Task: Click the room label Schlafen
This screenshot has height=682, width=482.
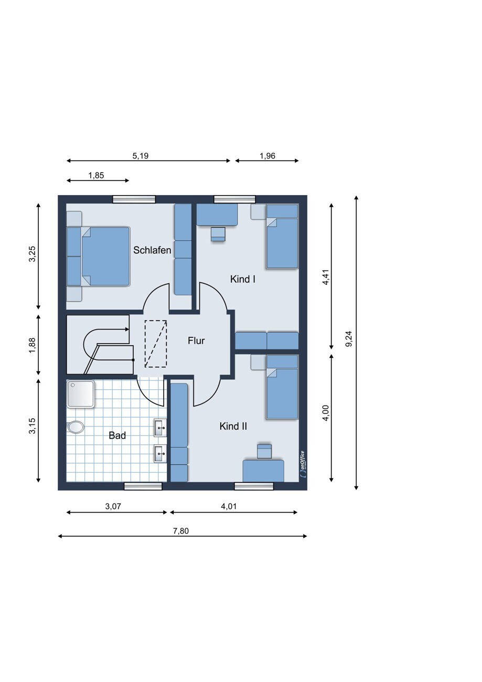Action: pos(152,250)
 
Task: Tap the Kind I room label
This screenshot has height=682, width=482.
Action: pos(242,279)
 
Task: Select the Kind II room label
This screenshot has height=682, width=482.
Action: pos(233,426)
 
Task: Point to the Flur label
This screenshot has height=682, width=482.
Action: pos(196,340)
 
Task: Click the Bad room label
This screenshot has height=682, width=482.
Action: pos(117,435)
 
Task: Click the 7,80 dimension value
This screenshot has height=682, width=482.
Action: pos(181,531)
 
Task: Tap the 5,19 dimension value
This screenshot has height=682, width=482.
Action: pos(140,156)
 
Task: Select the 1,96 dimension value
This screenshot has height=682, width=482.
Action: pos(267,156)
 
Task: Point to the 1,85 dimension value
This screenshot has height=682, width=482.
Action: pos(96,175)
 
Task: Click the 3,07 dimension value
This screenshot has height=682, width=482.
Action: pos(113,506)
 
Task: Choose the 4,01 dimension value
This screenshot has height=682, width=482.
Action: pos(229,506)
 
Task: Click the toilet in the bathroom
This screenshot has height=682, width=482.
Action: pos(76,427)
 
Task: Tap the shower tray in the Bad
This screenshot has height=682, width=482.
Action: pos(81,393)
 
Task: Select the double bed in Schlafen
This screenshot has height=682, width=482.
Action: pos(98,257)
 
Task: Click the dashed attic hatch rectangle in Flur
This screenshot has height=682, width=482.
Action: pos(156,344)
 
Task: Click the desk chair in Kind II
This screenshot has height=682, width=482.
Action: pos(264,451)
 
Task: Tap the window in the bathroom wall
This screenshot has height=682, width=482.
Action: pos(143,486)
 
